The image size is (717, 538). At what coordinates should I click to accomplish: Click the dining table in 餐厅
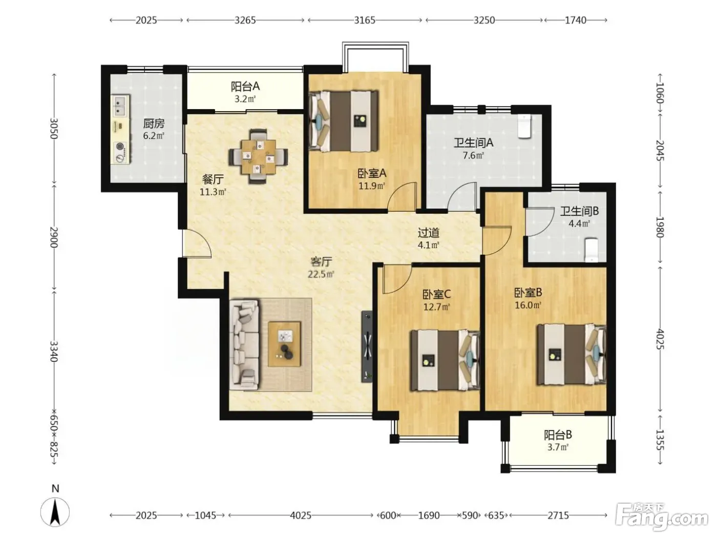(x=258, y=157)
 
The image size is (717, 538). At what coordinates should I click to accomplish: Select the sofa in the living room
(x=244, y=345)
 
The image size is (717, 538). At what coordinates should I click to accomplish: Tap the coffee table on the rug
(x=285, y=344)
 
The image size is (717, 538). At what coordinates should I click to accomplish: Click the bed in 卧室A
(x=344, y=121)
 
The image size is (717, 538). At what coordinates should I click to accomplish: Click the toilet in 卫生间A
(x=524, y=126)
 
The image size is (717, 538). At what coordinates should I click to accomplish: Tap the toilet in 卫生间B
(x=591, y=250)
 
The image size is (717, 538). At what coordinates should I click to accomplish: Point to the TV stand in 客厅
(x=367, y=346)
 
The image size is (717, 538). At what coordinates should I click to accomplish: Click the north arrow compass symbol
(x=55, y=512)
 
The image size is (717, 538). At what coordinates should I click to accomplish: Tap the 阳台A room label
(x=245, y=87)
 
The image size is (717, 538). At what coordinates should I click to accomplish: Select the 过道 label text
(x=429, y=233)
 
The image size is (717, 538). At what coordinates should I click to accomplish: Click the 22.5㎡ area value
(x=321, y=274)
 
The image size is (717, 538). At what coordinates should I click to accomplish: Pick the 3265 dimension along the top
(x=245, y=20)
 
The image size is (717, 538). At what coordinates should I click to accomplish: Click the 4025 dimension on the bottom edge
(x=301, y=515)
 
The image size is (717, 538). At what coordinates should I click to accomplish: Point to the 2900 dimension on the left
(x=54, y=237)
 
